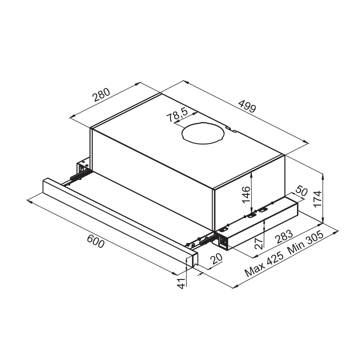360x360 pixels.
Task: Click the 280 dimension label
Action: point(101,94)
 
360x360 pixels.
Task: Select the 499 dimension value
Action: point(247,106)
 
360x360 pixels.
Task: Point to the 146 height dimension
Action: point(246,195)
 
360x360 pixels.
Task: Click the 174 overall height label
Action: point(318,199)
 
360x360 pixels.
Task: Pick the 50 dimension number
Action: point(301,191)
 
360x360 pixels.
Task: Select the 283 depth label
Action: point(284,237)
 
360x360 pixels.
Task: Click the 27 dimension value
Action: point(259,243)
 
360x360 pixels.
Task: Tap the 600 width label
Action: point(96,242)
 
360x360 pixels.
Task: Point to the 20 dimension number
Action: point(216,258)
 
